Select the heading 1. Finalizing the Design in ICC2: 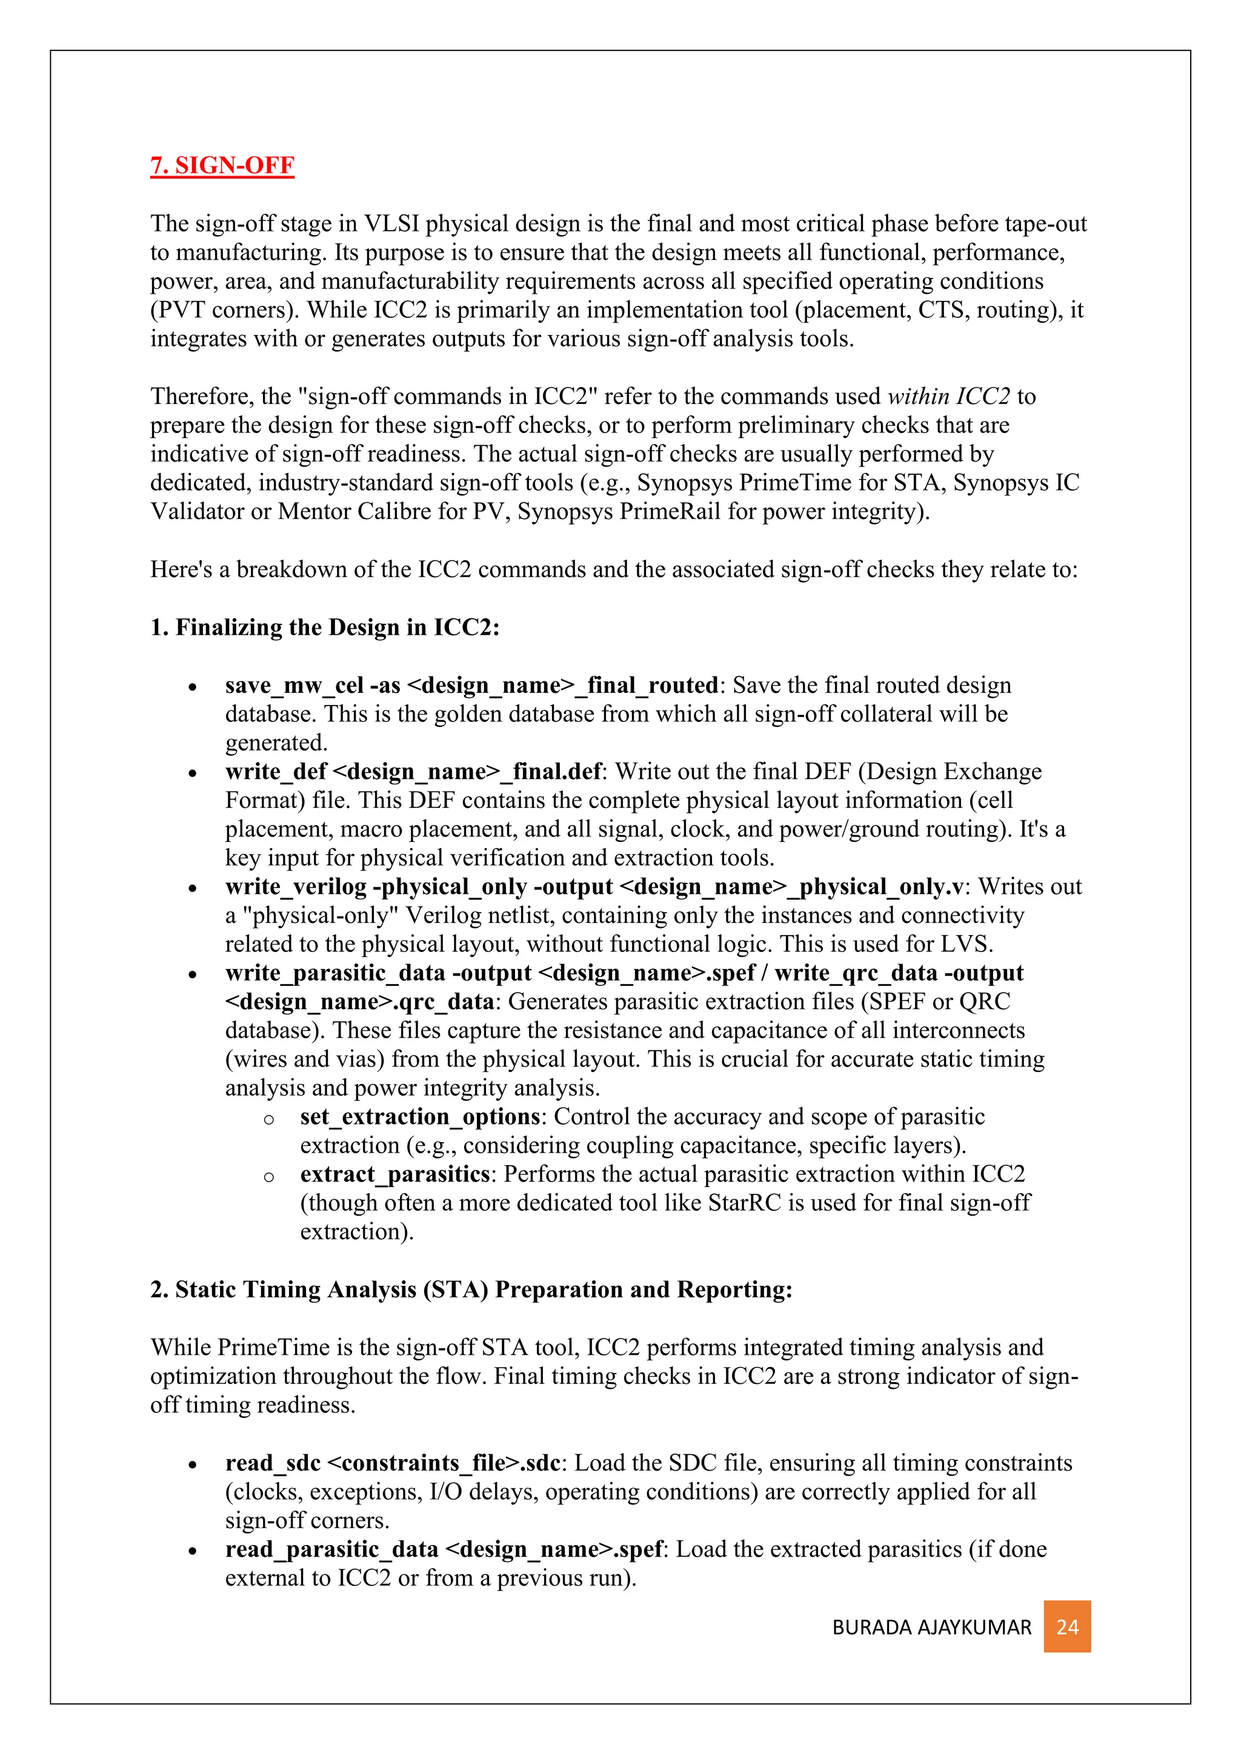(x=325, y=627)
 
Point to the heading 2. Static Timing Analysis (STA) (x=471, y=1289)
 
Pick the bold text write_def (x=276, y=772)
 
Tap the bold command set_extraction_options (x=419, y=1117)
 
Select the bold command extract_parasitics (x=394, y=1174)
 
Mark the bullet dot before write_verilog (x=193, y=889)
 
